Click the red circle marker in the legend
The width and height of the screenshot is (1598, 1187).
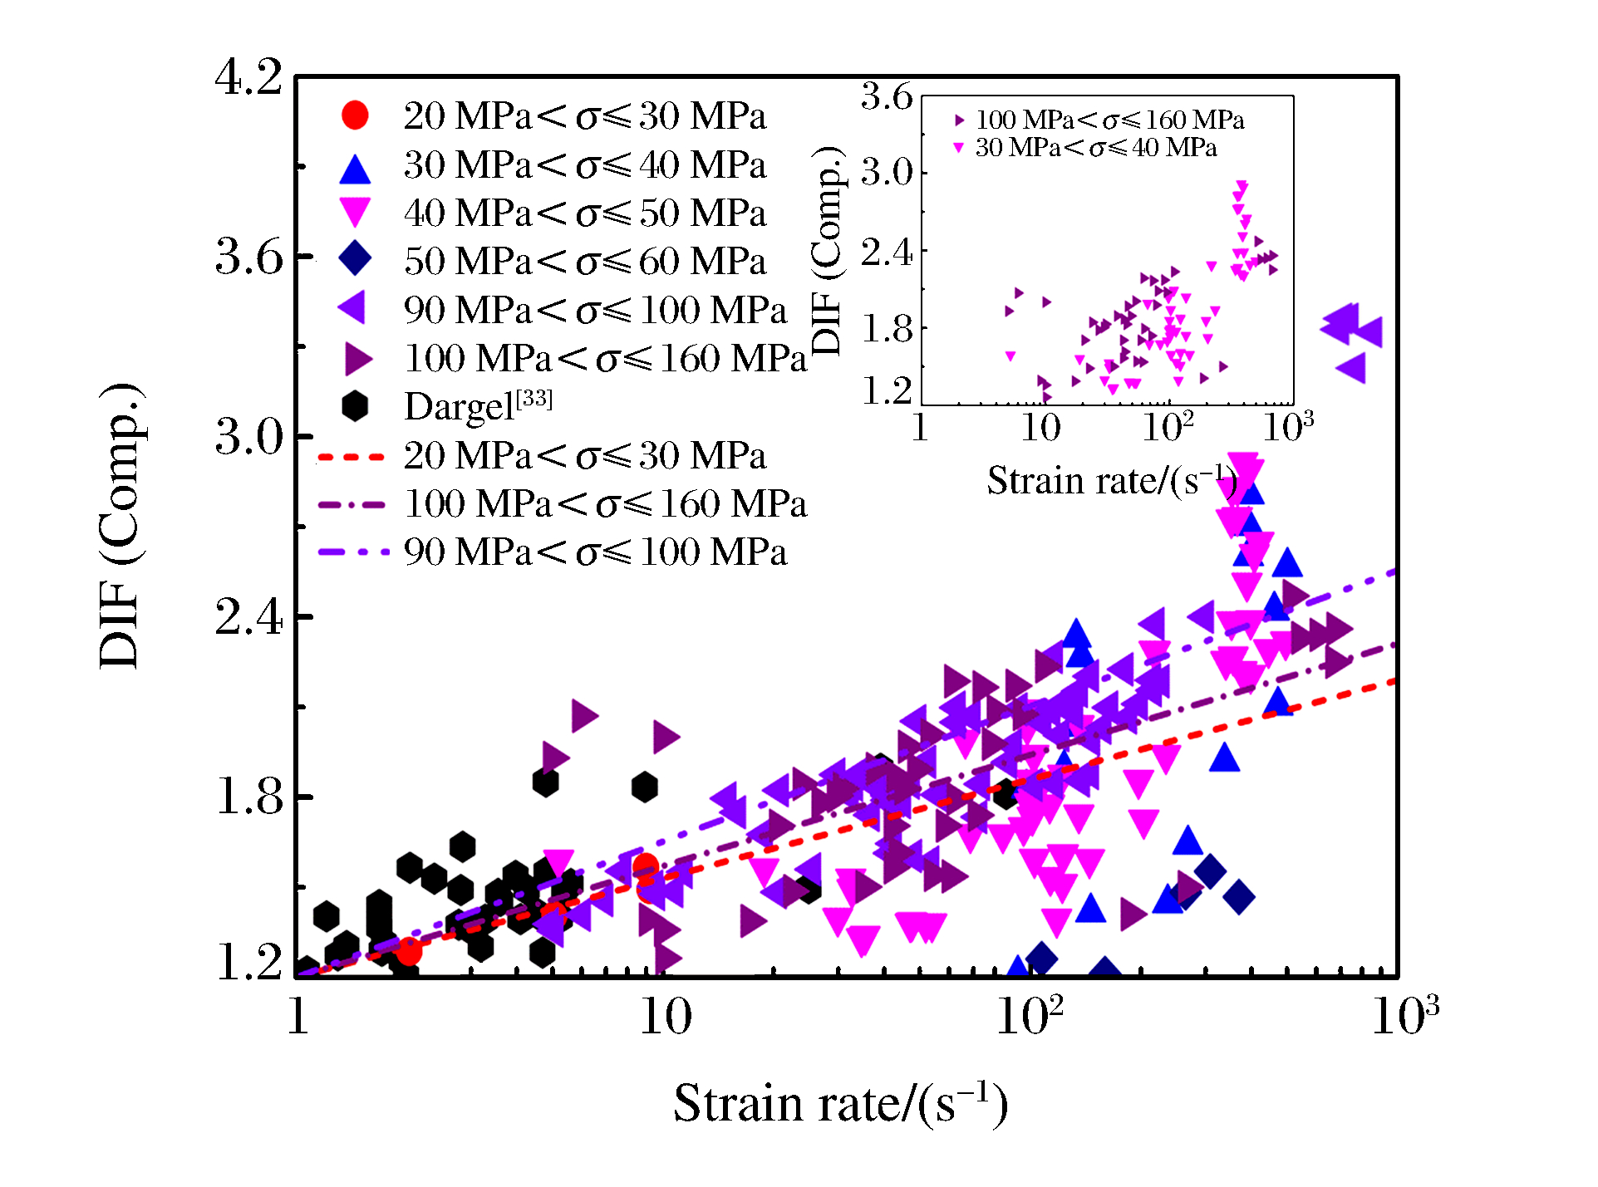pyautogui.click(x=355, y=115)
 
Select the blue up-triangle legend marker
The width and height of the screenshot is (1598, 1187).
pyautogui.click(x=355, y=169)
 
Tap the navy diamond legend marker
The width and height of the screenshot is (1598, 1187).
pyautogui.click(x=355, y=259)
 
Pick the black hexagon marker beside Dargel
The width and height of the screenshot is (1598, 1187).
pyautogui.click(x=355, y=406)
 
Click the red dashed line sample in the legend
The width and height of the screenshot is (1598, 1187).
pyautogui.click(x=351, y=457)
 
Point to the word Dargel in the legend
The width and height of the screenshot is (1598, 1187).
pyautogui.click(x=459, y=407)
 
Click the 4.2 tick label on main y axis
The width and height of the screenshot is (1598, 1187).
pyautogui.click(x=248, y=78)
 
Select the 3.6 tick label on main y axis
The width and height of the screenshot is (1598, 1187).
pyautogui.click(x=248, y=258)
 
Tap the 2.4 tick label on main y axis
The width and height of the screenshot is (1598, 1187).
pyautogui.click(x=248, y=618)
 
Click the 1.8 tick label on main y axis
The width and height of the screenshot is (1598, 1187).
pyautogui.click(x=248, y=797)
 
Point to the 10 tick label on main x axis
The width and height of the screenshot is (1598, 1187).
pyautogui.click(x=665, y=1015)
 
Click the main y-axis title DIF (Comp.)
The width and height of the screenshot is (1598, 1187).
pyautogui.click(x=120, y=527)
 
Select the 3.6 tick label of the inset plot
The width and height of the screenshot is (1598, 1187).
pyautogui.click(x=886, y=97)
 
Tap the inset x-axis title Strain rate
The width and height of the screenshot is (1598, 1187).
pyautogui.click(x=1112, y=480)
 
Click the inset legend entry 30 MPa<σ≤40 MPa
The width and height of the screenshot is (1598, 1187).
pyautogui.click(x=1095, y=148)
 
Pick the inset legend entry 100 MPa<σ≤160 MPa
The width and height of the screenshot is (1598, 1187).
pyautogui.click(x=1109, y=120)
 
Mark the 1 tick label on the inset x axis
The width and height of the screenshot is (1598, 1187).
pyautogui.click(x=920, y=427)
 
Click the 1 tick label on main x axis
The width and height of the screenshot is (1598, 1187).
pyautogui.click(x=297, y=1015)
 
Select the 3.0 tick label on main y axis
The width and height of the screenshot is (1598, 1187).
pyautogui.click(x=248, y=437)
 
